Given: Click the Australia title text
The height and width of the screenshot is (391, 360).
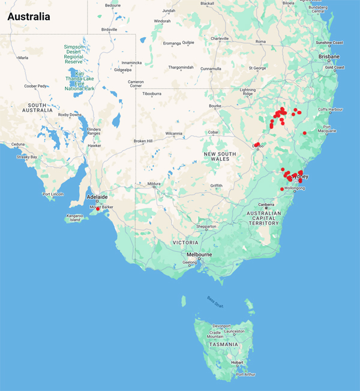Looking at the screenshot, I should tap(29, 16).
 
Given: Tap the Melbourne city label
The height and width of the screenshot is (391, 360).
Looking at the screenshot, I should tap(197, 255).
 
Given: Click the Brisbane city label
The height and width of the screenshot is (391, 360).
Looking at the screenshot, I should tap(329, 56).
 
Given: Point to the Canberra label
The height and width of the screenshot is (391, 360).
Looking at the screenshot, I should tap(267, 205).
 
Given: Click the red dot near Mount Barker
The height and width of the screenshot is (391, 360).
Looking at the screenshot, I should tap(98, 208).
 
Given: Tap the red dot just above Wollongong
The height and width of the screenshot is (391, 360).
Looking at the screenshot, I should tap(282, 189).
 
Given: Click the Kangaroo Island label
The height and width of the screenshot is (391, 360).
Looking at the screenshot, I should tap(75, 217).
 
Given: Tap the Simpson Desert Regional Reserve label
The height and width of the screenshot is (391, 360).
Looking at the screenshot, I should tap(80, 53).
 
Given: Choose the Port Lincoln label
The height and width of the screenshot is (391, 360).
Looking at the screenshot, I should tap(53, 194).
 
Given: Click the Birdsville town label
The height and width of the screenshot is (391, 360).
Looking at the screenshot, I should tap(110, 29).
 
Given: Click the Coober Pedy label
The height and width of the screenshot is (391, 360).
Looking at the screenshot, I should tap(35, 86).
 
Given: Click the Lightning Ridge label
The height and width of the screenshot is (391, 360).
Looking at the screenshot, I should tap(248, 92).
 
